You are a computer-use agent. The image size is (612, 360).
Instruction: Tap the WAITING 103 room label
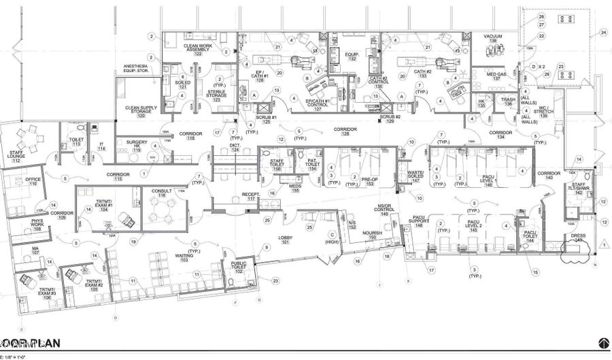click(184, 258)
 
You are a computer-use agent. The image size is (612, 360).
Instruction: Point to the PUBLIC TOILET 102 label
click(238, 268)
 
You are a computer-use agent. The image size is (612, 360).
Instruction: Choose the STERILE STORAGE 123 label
click(216, 94)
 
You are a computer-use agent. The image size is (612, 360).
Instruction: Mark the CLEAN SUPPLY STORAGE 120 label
click(141, 112)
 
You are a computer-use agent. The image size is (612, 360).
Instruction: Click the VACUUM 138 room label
click(494, 39)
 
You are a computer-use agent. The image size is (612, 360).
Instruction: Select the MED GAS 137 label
click(496, 76)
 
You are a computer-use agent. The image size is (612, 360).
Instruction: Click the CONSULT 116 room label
click(161, 193)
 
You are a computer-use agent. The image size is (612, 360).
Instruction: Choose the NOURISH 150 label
click(373, 235)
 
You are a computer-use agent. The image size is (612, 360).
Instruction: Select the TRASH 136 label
click(508, 101)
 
